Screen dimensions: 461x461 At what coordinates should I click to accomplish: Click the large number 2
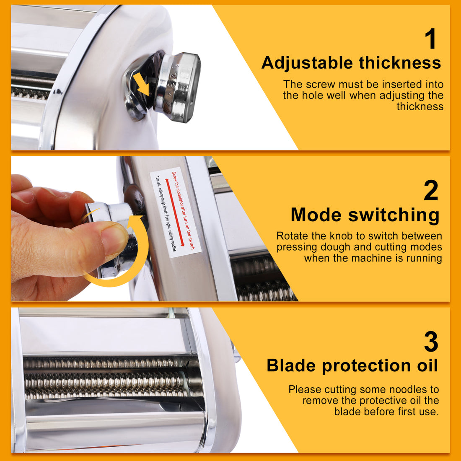tap(431, 191)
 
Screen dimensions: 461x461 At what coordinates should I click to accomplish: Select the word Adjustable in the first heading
tap(307, 63)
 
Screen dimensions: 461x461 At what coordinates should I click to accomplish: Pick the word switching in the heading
tap(394, 215)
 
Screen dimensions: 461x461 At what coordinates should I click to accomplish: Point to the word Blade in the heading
tap(291, 365)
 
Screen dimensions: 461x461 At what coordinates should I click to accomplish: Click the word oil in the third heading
tap(427, 365)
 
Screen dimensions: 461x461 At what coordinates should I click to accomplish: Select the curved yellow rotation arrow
tap(122, 260)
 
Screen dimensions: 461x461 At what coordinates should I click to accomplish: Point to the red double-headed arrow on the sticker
tap(175, 212)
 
